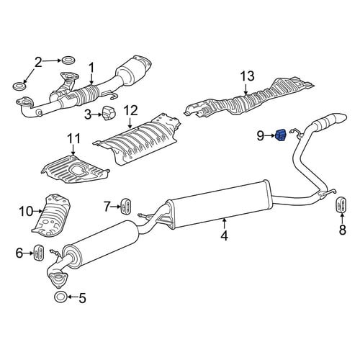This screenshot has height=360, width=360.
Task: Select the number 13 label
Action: tap(248, 76)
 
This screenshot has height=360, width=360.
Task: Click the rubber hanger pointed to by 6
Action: tap(38, 253)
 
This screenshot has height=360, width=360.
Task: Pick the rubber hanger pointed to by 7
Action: tap(125, 206)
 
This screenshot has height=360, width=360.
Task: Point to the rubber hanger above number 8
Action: tap(341, 205)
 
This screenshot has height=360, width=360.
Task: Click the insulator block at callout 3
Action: tap(109, 113)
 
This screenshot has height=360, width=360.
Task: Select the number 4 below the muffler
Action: tap(224, 235)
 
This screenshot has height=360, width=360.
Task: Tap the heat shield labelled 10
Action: tap(52, 215)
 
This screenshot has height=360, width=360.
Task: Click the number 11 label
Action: tap(73, 138)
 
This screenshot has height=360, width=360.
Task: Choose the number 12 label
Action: tap(131, 111)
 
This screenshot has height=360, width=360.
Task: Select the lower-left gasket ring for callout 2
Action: tap(19, 86)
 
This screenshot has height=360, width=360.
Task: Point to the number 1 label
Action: tap(91, 68)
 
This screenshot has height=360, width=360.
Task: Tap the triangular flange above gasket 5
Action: tap(58, 279)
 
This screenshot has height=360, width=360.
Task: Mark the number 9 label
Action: tap(260, 136)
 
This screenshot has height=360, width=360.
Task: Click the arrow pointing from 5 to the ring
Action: tap(73, 297)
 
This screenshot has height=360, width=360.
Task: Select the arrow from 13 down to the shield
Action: tap(246, 89)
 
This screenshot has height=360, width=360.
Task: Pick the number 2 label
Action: tap(38, 62)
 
